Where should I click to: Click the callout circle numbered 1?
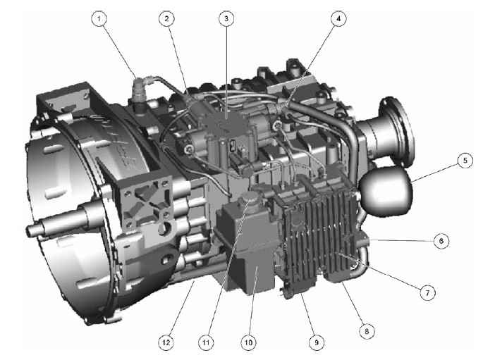(99, 19)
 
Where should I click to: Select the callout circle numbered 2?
(166, 19)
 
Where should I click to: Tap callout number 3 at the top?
(226, 18)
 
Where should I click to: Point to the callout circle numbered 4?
(338, 19)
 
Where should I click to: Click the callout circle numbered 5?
(465, 161)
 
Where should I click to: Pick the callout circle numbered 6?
(441, 240)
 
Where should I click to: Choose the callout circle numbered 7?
(427, 292)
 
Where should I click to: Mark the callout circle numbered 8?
(367, 331)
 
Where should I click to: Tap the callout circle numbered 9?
(317, 342)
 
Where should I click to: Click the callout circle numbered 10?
(249, 342)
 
